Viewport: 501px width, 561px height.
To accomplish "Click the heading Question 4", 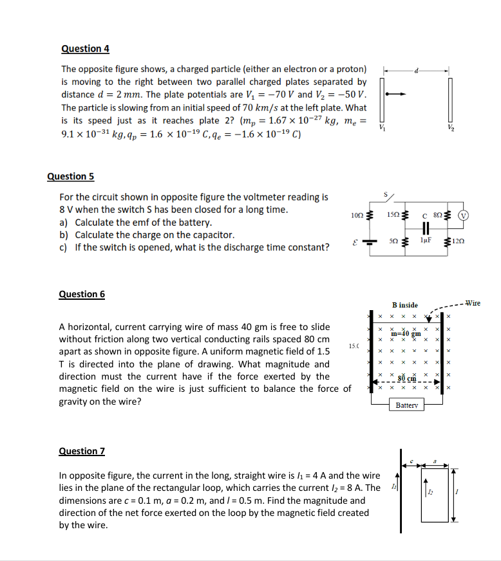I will pos(85,49).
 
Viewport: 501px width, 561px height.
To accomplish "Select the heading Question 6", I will pos(82,294).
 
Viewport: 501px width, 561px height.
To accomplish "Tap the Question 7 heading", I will pos(82,451).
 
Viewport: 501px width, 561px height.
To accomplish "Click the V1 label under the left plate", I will pos(383,129).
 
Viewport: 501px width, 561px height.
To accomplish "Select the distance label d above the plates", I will pos(417,69).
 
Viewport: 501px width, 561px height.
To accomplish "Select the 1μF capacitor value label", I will pos(425,240).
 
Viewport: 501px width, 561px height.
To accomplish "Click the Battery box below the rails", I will pos(407,406).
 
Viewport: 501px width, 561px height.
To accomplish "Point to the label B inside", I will pos(405,304).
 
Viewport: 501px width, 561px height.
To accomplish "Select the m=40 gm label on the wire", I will pos(406,333).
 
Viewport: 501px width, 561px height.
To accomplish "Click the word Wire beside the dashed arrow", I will pos(473,302).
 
